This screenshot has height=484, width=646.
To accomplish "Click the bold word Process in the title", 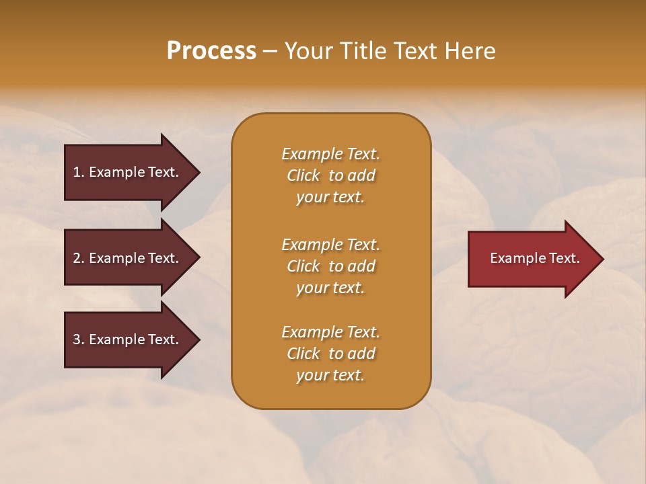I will pos(211,51).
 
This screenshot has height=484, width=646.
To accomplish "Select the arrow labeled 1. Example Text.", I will pos(128,172).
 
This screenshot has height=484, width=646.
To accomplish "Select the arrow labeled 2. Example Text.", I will pos(128,258).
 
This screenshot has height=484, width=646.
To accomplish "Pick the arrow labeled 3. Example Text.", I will pos(128,339).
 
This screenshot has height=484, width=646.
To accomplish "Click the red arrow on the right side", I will pos(532,258).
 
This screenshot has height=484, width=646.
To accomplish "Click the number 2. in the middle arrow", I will pos(78,258).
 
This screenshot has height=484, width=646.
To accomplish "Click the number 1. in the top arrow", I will pos(78,172).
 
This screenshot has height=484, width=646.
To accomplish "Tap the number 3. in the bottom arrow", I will pos(78,339).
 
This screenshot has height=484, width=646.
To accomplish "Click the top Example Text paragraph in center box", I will pos(330,175).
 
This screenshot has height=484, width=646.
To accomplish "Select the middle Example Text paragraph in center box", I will pos(330,266).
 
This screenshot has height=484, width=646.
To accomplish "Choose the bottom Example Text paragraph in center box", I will pos(330,354).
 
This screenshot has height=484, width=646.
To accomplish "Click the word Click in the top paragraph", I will pos(303,175).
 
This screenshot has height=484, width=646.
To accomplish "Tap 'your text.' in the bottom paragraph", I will pos(330,375).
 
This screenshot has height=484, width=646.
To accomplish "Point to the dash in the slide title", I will pos(270,52).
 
